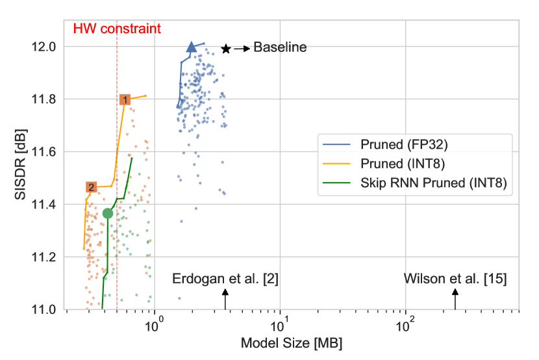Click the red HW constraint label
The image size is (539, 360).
[x=116, y=29]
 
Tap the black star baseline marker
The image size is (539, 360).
[x=225, y=49]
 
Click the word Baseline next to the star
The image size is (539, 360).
[x=279, y=47]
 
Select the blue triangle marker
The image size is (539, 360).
[x=192, y=47]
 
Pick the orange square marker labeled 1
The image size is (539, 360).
[x=125, y=99]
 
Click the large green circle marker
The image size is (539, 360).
[x=108, y=213]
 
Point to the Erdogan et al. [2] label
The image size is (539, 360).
[x=225, y=279]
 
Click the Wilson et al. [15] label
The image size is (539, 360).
[x=455, y=279]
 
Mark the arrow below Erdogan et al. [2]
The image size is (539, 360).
[x=225, y=300]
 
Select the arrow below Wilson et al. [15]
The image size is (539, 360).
[x=455, y=300]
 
